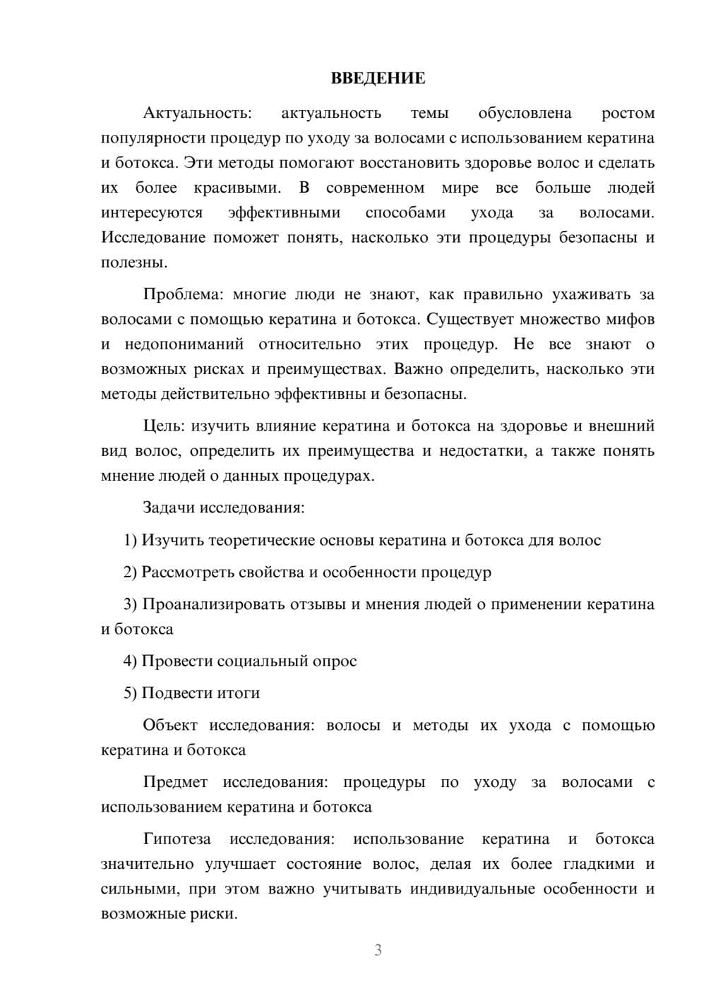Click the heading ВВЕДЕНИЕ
pyautogui.click(x=378, y=78)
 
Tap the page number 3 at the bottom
pyautogui.click(x=378, y=950)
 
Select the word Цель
pyautogui.click(x=164, y=426)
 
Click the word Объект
pyautogui.click(x=170, y=725)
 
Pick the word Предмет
pyautogui.click(x=175, y=782)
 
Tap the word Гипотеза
pyautogui.click(x=176, y=839)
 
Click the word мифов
pyautogui.click(x=630, y=319)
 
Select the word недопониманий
pyautogui.click(x=184, y=344)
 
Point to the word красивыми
pyautogui.click(x=237, y=188)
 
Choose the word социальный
pyautogui.click(x=261, y=661)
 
